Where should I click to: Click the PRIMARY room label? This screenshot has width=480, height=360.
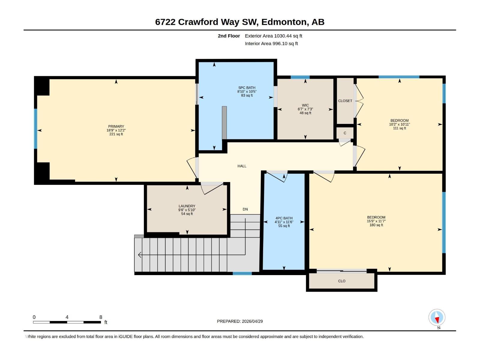click(116, 127)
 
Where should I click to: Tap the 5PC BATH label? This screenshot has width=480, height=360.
click(247, 88)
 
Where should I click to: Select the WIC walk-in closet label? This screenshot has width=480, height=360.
click(305, 106)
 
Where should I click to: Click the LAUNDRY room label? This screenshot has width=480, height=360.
click(187, 206)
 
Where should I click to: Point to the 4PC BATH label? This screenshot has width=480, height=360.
click(284, 218)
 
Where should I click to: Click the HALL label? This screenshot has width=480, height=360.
click(242, 166)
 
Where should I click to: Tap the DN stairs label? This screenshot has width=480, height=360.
click(245, 209)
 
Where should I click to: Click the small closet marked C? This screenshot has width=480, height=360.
click(345, 133)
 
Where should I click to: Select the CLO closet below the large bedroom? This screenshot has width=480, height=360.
click(342, 281)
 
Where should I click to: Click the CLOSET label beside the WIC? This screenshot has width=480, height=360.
click(345, 101)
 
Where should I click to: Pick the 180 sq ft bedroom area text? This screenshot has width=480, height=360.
click(376, 225)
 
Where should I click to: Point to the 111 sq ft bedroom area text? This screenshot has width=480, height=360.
click(399, 128)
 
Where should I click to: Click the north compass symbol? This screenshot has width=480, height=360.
click(437, 317)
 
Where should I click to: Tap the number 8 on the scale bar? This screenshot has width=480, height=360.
click(101, 317)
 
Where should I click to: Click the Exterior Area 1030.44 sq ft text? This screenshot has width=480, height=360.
click(273, 36)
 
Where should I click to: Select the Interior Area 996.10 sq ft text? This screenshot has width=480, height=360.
click(271, 43)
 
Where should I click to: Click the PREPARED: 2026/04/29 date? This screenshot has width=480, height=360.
click(240, 321)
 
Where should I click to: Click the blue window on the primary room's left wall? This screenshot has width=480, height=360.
click(36, 129)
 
